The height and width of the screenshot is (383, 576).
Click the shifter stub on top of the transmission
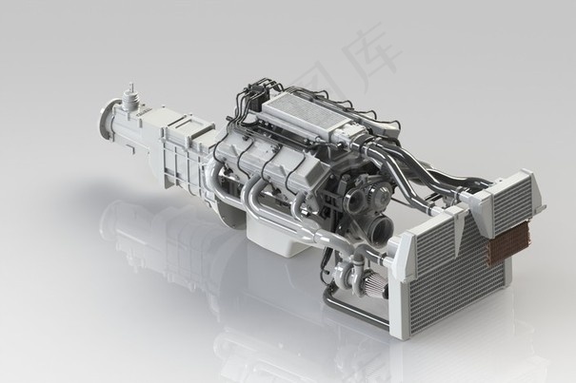pos(128,95)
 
